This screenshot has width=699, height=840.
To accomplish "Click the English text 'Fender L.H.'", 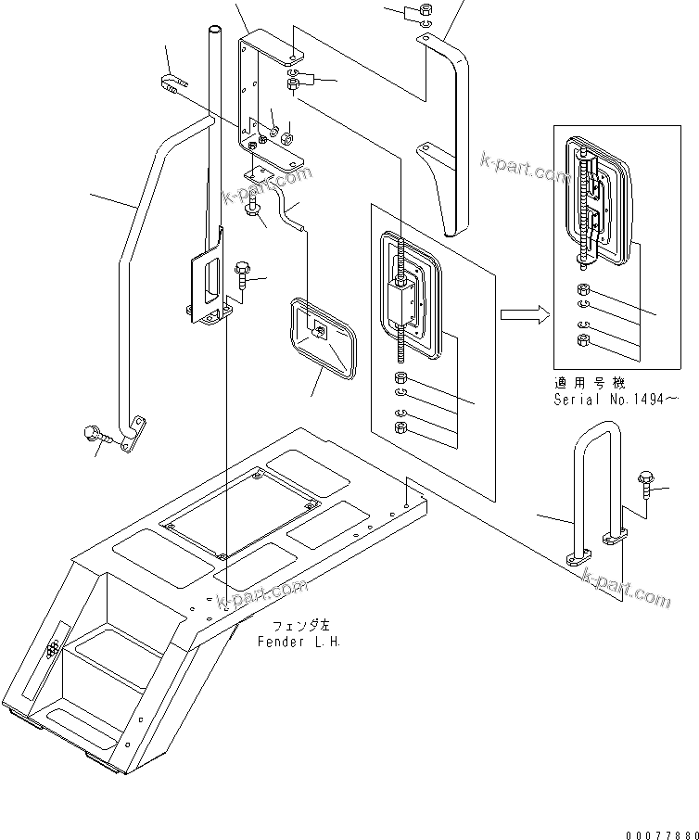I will pos(299,642).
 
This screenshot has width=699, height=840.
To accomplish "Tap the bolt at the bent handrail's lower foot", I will pos(96,433).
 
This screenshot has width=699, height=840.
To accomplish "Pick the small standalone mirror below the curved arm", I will pos(323,337).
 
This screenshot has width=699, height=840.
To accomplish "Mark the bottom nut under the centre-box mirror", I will pos(400,427).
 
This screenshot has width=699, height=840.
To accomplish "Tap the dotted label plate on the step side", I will pos(53,646).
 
